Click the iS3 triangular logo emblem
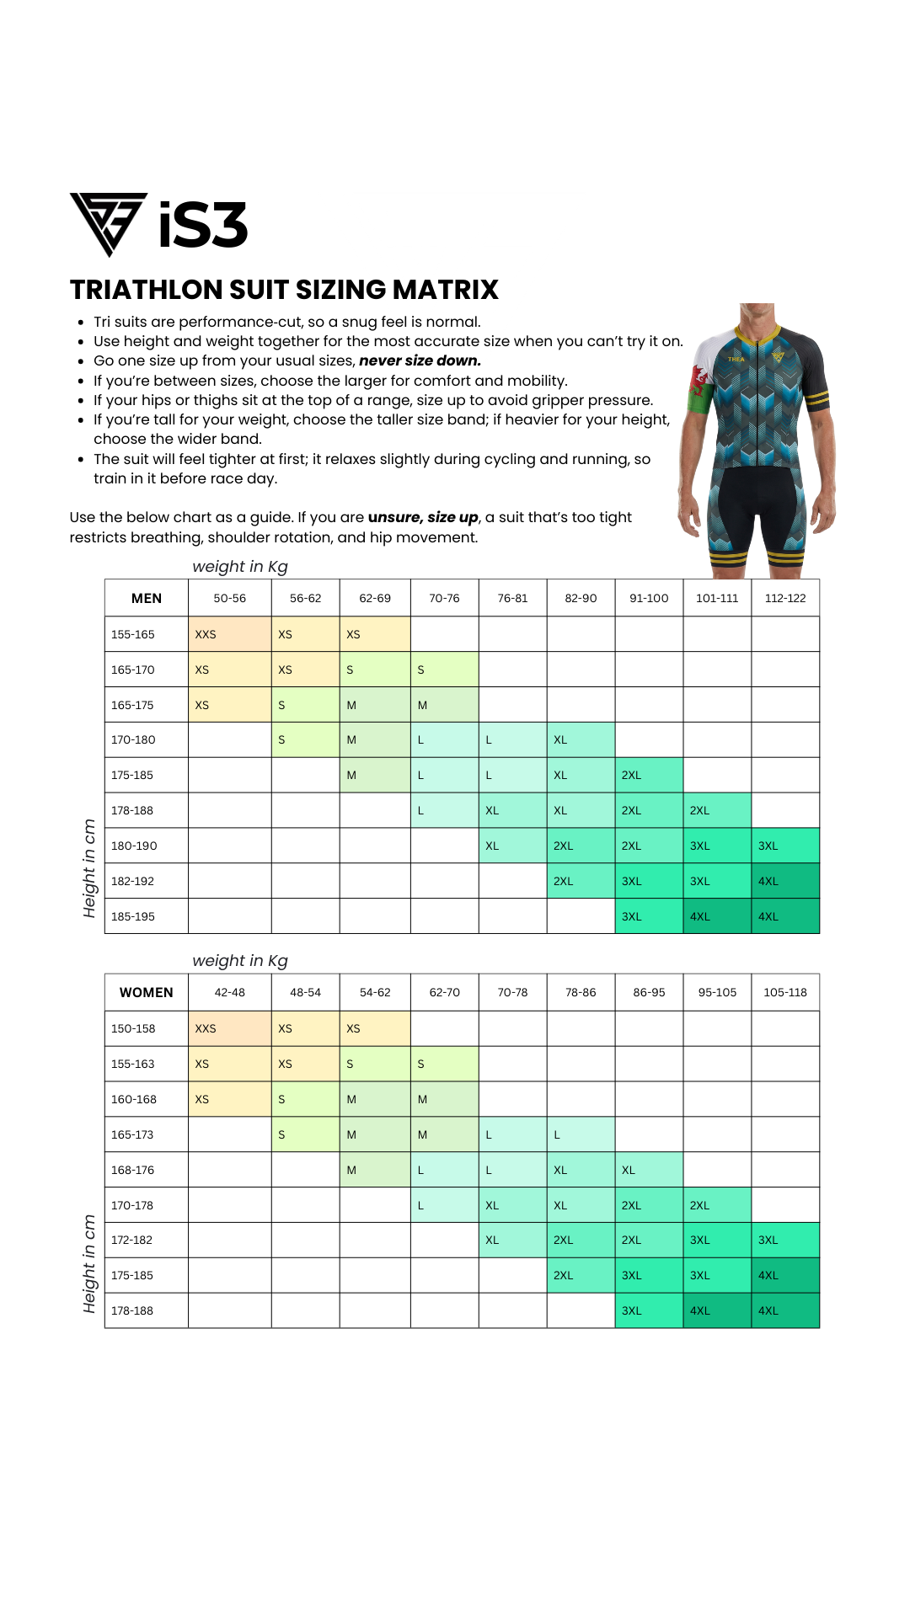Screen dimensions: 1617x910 108,222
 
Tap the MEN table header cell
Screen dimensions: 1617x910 147,598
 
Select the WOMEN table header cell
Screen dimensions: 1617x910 147,992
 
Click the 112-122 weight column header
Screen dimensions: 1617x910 785,598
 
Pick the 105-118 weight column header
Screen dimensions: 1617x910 785,992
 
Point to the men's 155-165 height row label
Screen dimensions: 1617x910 133,634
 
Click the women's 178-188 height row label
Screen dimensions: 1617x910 132,1310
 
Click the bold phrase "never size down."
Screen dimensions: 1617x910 420,360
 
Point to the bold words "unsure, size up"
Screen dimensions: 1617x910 423,517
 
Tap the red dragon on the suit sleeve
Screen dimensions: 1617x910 699,382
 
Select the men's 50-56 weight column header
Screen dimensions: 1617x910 229,598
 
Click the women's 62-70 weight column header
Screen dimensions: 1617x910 444,992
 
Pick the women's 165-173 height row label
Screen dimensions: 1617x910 132,1134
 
